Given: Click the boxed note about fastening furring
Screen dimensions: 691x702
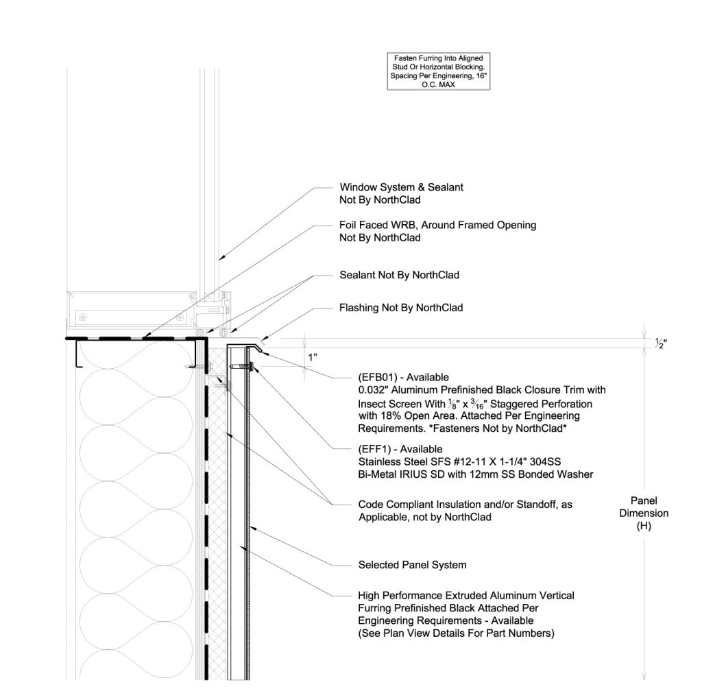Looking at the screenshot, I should pyautogui.click(x=438, y=71).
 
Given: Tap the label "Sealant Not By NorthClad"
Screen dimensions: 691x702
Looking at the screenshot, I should pyautogui.click(x=399, y=275).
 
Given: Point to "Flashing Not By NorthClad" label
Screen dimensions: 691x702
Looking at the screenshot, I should pyautogui.click(x=400, y=308).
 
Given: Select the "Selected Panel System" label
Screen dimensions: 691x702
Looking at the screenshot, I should pyautogui.click(x=412, y=565).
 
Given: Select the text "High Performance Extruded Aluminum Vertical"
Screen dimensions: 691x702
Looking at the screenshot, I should pyautogui.click(x=466, y=596).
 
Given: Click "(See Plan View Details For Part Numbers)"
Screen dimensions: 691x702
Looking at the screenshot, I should pyautogui.click(x=456, y=633).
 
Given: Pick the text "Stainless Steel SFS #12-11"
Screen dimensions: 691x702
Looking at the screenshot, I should pyautogui.click(x=420, y=461).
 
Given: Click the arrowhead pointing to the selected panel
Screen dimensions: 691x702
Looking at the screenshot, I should pyautogui.click(x=252, y=528).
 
